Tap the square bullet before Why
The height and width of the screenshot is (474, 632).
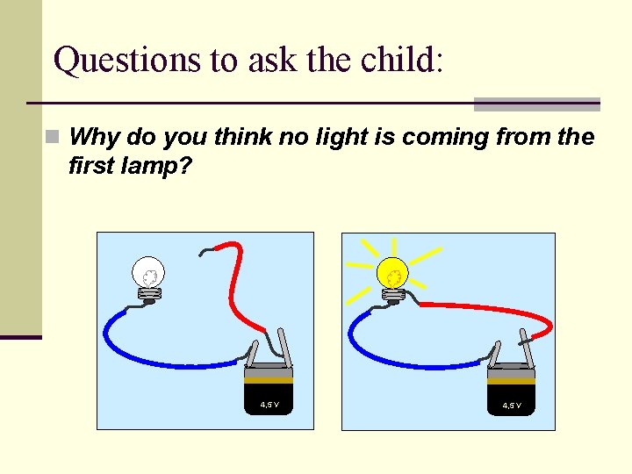[54, 138]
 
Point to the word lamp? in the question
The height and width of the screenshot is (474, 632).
[161, 166]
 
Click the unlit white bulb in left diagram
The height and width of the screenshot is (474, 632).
[148, 274]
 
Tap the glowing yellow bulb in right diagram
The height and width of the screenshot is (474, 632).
[394, 276]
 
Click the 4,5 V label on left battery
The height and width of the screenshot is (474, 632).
[269, 405]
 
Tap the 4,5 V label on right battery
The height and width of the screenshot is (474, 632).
[512, 406]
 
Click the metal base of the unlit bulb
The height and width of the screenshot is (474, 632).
[149, 297]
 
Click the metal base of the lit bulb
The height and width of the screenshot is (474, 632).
[395, 298]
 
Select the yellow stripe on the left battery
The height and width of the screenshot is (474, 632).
[269, 380]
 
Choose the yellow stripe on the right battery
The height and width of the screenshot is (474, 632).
[512, 381]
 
